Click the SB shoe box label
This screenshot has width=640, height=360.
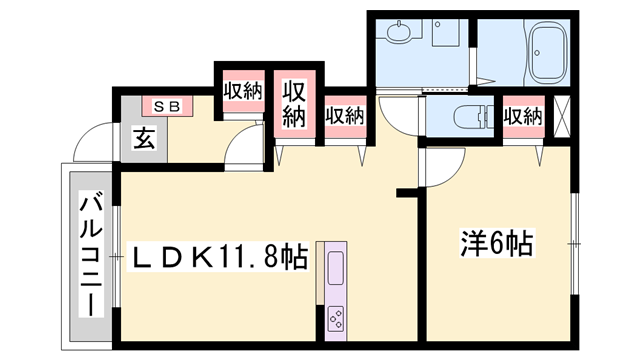coord(167,107)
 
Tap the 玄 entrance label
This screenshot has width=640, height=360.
coord(144,138)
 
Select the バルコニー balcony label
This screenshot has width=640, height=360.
coord(91,256)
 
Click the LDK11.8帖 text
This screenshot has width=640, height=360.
coord(218,257)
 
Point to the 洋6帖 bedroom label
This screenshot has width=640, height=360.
coord(497,243)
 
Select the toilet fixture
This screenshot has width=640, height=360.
coord(473,116)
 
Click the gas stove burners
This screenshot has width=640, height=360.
coord(336,318)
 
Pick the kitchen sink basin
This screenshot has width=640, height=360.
coord(336,267)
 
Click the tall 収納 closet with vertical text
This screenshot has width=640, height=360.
coord(294,104)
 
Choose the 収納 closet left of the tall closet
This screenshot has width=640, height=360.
coord(243,91)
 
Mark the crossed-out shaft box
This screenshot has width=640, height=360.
coord(562,116)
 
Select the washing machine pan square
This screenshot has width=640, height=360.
coord(447,32)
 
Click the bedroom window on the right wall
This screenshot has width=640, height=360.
coord(574,244)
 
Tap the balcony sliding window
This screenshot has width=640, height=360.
coord(116,256)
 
